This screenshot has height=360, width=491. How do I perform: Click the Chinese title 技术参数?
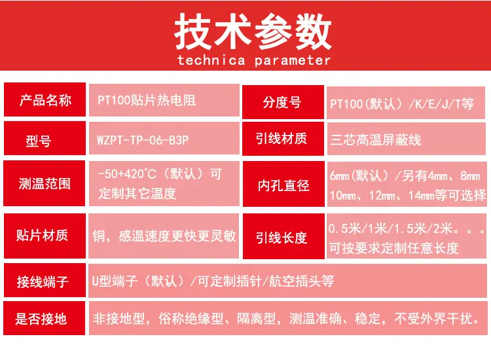pos(253,32)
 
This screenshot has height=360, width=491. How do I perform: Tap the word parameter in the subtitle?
pos(292,60)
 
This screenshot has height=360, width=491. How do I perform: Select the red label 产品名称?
pos(45,99)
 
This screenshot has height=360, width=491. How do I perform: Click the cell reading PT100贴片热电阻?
pos(164,100)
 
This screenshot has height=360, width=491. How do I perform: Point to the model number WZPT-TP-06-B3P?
pos(143,140)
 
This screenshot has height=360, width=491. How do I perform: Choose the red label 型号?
pos(45,138)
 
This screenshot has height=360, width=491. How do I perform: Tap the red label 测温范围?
pos(44,183)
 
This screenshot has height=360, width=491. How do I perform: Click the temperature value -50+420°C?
pos(127,173)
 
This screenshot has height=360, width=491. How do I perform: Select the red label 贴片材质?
pos(45,236)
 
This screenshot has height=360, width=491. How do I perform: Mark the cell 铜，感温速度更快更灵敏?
pos(164,236)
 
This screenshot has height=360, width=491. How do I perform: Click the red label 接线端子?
pos(45,280)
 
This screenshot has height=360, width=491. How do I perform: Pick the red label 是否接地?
pos(44,318)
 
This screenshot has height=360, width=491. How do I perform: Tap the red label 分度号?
pos(283,102)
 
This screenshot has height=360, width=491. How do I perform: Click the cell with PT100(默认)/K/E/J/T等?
pos(406,103)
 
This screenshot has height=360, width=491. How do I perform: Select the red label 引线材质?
pos(283,139)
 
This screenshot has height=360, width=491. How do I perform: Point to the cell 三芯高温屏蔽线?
pos(407,139)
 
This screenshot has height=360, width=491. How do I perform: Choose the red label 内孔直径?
pos(283,184)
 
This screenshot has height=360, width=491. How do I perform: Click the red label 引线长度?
pos(283,236)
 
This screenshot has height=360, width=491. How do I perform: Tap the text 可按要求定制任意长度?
pos(394,248)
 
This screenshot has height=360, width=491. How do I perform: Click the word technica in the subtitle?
pos(211,60)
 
